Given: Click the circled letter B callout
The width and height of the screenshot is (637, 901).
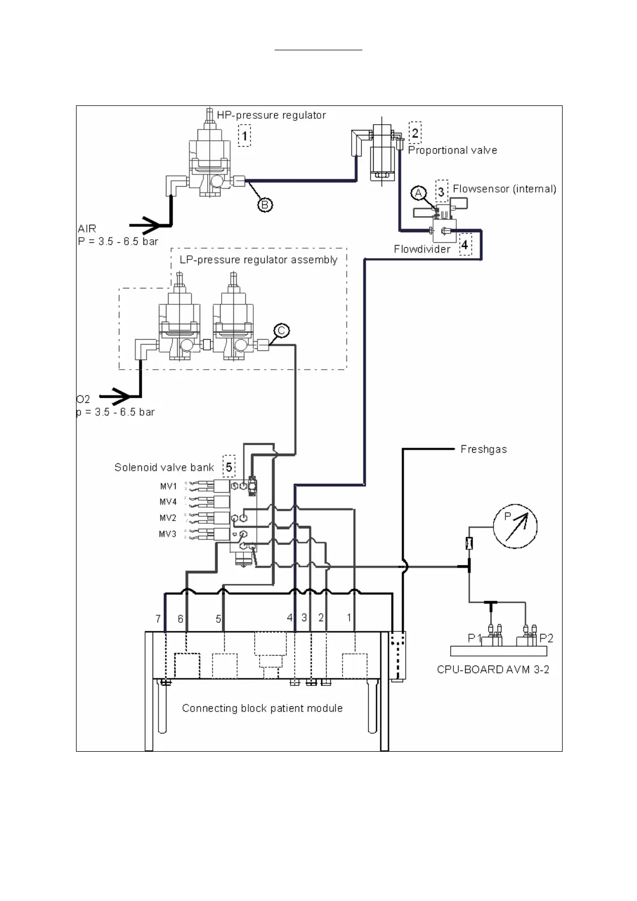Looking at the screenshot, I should point(266,204).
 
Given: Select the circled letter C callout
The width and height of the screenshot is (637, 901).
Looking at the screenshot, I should point(282,331).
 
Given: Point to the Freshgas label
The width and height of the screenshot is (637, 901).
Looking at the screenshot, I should point(483,449).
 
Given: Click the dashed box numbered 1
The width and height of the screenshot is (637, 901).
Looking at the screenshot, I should point(245,136).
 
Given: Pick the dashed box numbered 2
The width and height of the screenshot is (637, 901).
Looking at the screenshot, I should point(415,133).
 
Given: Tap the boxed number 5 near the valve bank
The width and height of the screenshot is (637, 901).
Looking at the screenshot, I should point(229,467).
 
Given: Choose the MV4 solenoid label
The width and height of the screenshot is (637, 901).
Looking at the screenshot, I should point(168,502).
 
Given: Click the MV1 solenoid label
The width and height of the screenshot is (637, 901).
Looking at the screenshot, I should point(168,486).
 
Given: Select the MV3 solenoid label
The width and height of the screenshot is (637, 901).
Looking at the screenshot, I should point(168,534).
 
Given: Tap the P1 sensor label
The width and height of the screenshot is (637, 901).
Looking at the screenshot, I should point(475,638).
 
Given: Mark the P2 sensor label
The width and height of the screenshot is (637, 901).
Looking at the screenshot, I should point(546,638).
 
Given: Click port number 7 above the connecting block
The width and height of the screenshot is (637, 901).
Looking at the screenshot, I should point(158,619).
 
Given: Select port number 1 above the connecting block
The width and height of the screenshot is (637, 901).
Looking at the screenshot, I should point(349,617).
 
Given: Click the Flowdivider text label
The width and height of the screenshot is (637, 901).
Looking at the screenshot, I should point(422,249).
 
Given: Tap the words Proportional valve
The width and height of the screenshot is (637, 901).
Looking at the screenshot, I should point(452,150).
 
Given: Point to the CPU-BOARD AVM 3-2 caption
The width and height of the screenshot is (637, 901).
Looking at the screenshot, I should point(492,669).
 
